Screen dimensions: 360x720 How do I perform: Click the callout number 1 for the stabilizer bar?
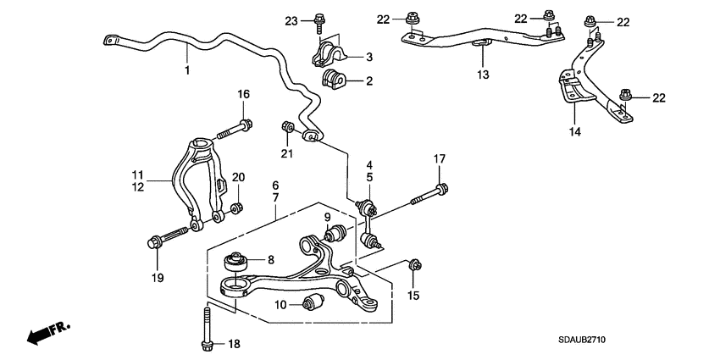187,70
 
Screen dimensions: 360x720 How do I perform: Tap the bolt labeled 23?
319,20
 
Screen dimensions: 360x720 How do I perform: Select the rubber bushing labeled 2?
335,81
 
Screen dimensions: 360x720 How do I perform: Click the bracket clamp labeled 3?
330,56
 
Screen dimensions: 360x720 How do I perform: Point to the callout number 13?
482,75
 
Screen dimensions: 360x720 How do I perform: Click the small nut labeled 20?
238,206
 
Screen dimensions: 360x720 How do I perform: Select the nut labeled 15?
415,267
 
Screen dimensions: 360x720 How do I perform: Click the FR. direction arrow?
47,332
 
